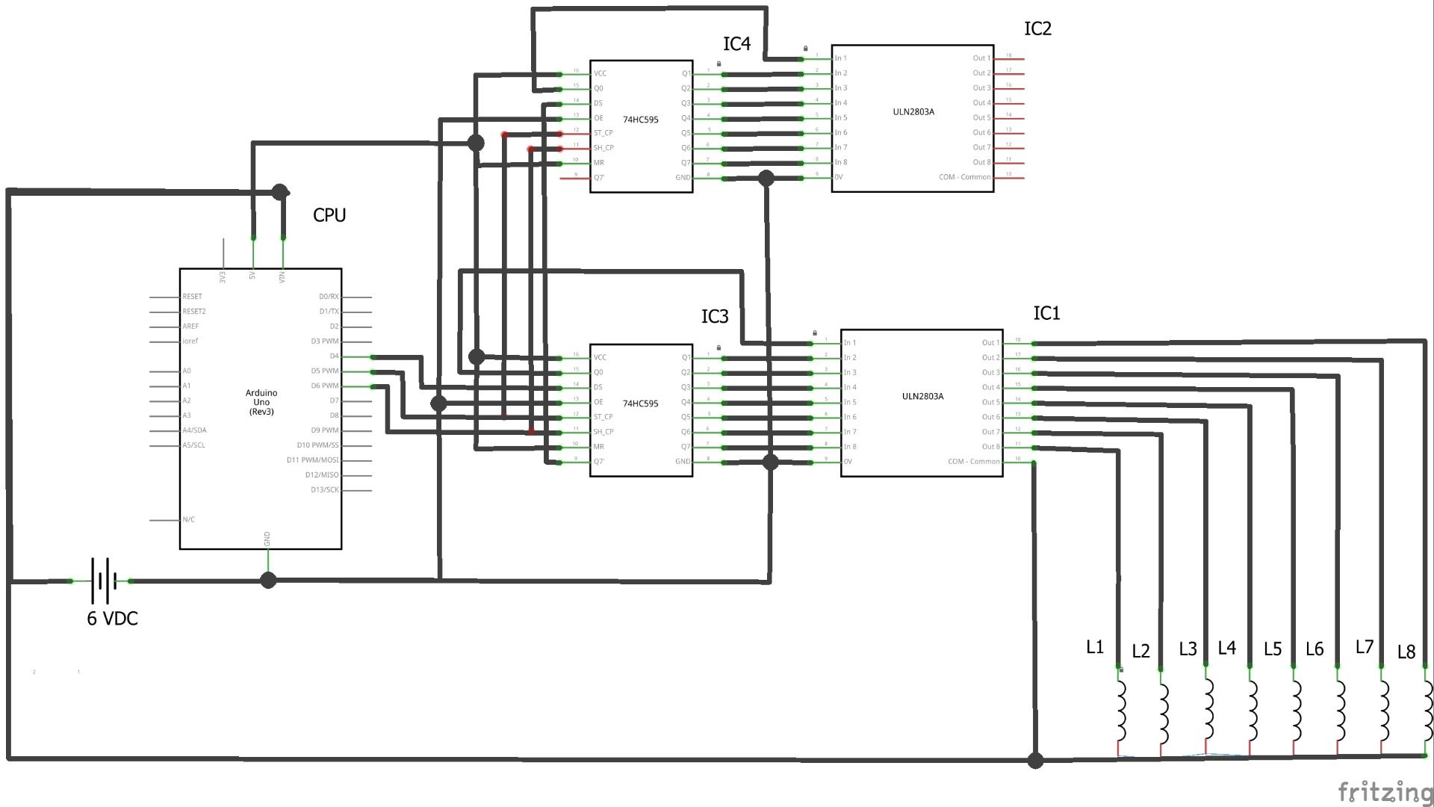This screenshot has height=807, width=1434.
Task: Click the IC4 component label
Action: pos(736,44)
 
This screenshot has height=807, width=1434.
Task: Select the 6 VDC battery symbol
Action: pos(103,580)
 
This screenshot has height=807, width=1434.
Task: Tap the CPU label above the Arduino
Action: pos(329,215)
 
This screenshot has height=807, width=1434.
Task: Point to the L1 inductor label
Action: pos(1094,647)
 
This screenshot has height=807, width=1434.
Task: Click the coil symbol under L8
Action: pos(1427,709)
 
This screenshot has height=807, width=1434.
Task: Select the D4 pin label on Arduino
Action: pos(334,356)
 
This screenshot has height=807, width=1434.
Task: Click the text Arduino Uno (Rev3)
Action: pos(261,402)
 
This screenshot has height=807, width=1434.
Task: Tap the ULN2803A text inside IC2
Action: pos(913,112)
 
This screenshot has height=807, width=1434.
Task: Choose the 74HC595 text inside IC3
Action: pos(641,403)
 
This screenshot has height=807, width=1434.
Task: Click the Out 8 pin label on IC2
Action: pos(981,162)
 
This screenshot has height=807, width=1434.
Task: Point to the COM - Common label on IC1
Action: pos(973,462)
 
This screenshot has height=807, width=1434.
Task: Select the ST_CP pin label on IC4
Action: pos(603,133)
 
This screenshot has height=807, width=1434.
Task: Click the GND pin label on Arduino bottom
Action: pos(267,539)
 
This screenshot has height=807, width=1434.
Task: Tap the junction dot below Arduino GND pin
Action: pos(268,580)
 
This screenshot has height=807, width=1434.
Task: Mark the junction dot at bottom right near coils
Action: pos(1035,761)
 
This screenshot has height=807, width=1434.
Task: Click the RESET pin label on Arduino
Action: pos(192,297)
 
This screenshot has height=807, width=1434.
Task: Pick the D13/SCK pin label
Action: pos(324,490)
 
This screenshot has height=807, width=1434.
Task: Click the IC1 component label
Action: pos(1046,314)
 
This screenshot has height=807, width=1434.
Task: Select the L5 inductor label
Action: pos(1273,649)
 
